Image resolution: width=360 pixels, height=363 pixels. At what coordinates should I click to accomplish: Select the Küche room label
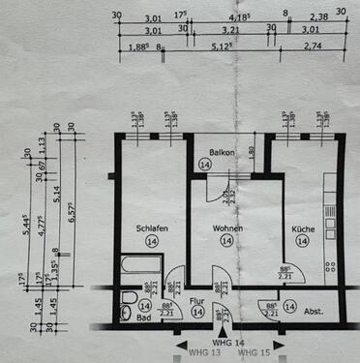tap(303, 228)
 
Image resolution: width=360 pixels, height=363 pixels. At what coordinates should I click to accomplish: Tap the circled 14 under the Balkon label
tap(225, 166)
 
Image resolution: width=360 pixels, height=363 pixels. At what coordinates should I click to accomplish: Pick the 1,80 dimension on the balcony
tap(253, 151)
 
